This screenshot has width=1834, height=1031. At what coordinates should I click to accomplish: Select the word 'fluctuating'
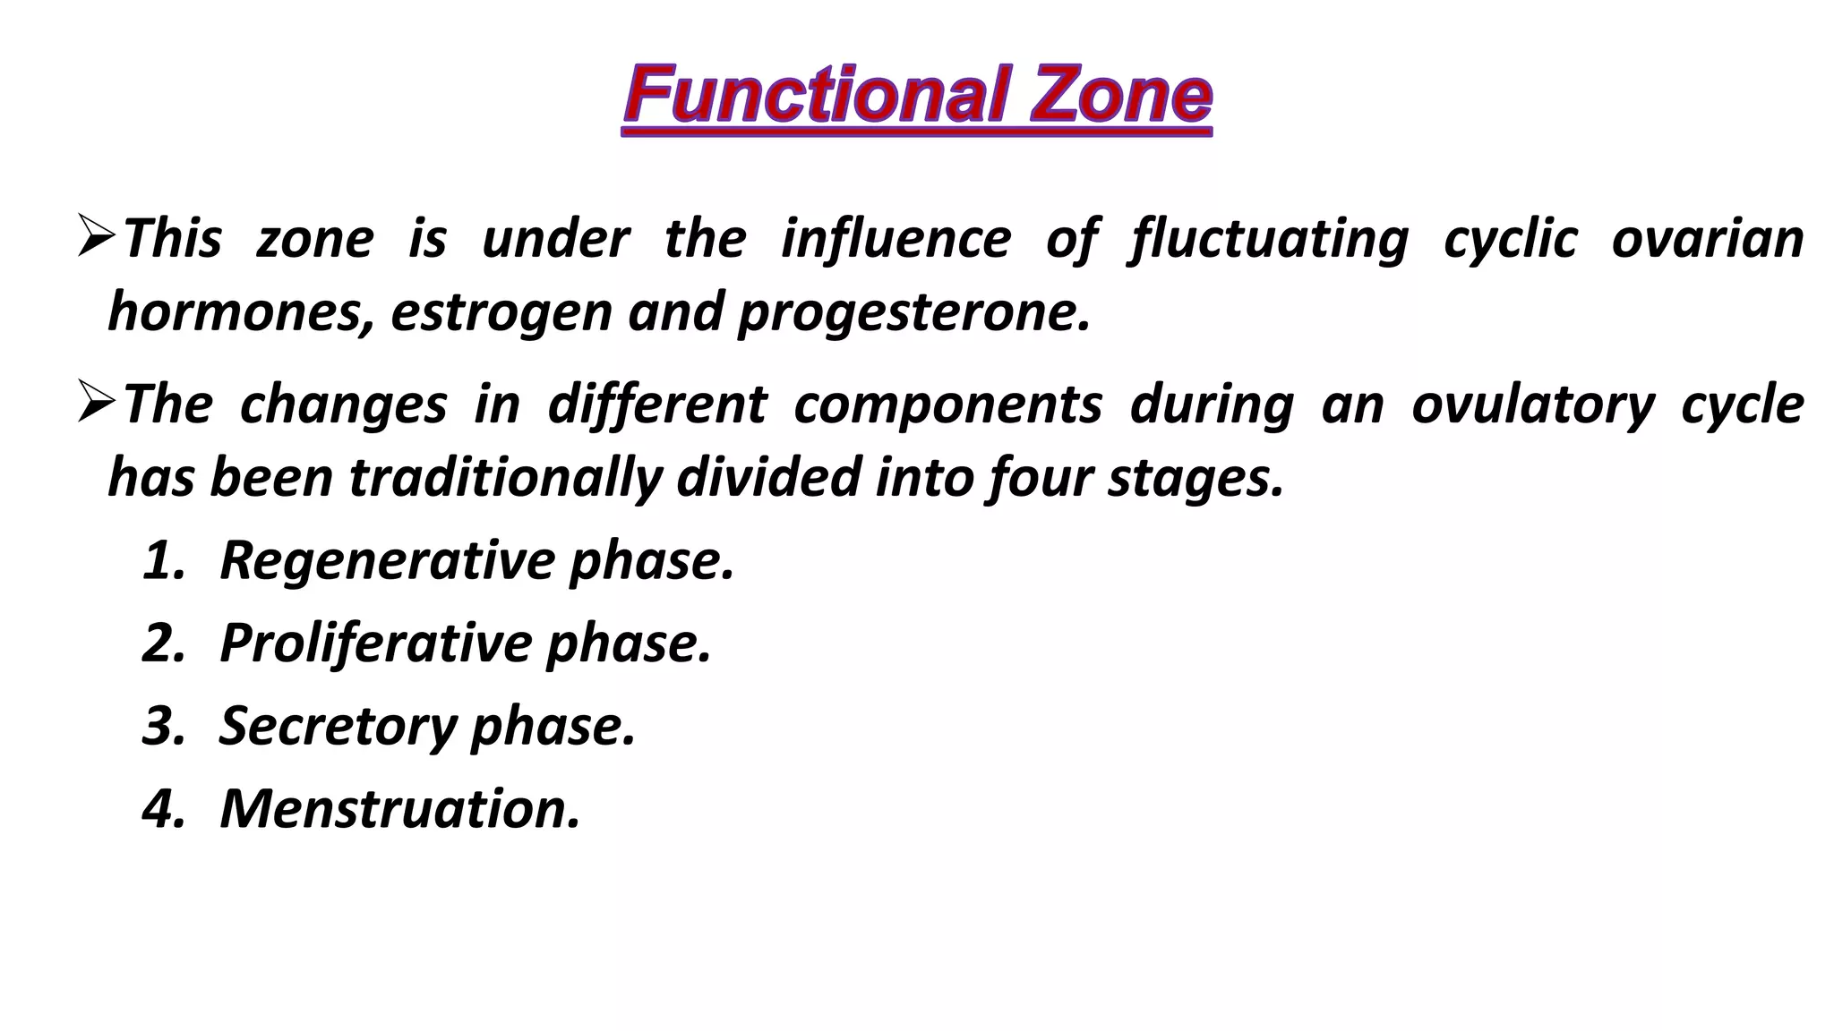click(1269, 240)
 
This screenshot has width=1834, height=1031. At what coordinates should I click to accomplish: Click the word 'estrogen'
click(501, 313)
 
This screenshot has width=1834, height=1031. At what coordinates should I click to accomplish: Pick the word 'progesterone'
click(913, 313)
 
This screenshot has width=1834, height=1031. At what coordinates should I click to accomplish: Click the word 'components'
click(947, 405)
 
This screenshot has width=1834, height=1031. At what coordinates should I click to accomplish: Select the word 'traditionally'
click(505, 478)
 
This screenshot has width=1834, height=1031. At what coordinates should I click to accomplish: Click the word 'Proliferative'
click(376, 643)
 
